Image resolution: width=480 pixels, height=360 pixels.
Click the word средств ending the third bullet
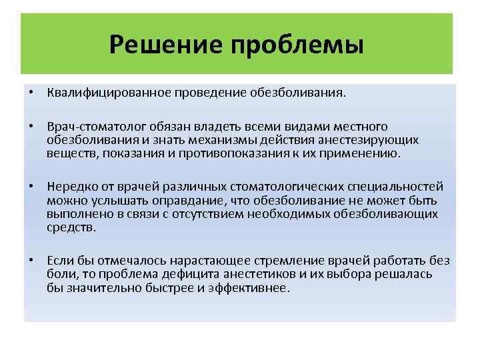[x=71, y=227]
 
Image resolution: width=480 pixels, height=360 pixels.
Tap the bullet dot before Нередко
[x=31, y=187]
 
